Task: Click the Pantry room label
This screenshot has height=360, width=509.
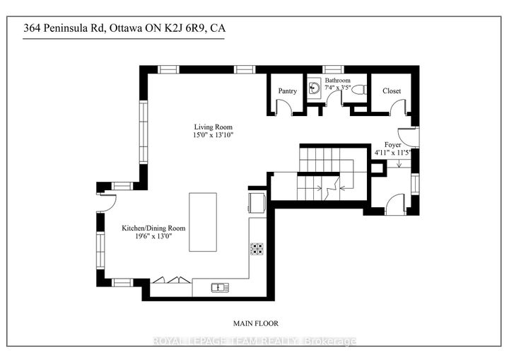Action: coord(287,91)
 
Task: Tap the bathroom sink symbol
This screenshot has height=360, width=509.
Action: coord(314,88)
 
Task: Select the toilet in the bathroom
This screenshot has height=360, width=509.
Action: coord(359,89)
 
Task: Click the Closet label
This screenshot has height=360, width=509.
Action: coord(392,91)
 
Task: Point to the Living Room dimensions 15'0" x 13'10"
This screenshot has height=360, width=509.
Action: coord(213,135)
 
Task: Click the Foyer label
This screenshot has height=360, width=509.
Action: coord(392,144)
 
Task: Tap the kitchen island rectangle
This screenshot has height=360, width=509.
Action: coord(203,222)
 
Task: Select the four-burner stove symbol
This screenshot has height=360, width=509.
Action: coord(257,249)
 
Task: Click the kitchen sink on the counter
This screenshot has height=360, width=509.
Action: coord(220,287)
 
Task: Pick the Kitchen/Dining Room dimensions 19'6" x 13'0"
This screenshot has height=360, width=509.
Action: coord(153,236)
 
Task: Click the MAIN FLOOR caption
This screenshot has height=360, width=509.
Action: coord(256,324)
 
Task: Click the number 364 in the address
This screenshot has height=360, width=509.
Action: coord(32,28)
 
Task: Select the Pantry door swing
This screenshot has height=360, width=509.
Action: coord(283,106)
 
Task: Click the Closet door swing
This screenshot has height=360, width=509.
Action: coord(397,106)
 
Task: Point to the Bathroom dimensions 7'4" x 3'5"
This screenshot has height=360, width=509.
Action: coord(338,88)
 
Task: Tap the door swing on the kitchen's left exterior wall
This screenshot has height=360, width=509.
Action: coord(109,202)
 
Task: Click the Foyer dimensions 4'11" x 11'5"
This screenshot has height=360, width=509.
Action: coord(392,152)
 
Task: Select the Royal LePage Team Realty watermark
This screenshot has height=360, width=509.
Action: coord(255,342)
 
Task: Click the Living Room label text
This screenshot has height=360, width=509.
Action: coord(213,127)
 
